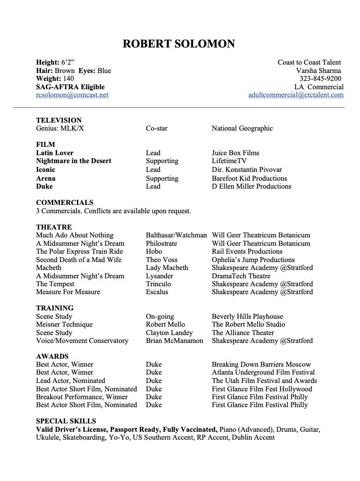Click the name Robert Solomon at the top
(x=178, y=44)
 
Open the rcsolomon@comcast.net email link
(x=72, y=95)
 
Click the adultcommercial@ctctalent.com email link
(x=296, y=95)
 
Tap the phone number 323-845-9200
(x=320, y=79)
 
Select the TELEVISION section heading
(x=59, y=120)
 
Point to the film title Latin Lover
(x=55, y=153)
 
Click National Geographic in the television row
(x=242, y=128)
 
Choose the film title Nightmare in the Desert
(x=73, y=161)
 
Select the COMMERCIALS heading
(x=65, y=203)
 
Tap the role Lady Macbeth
(x=167, y=268)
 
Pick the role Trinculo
(x=158, y=284)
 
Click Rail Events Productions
(x=247, y=251)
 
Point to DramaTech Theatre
(x=241, y=276)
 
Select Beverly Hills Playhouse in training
(x=247, y=317)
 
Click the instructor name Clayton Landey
(x=169, y=333)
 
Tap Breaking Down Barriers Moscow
(x=261, y=364)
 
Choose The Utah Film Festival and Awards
(x=264, y=381)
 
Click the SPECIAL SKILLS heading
(x=66, y=421)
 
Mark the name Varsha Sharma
(x=318, y=71)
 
